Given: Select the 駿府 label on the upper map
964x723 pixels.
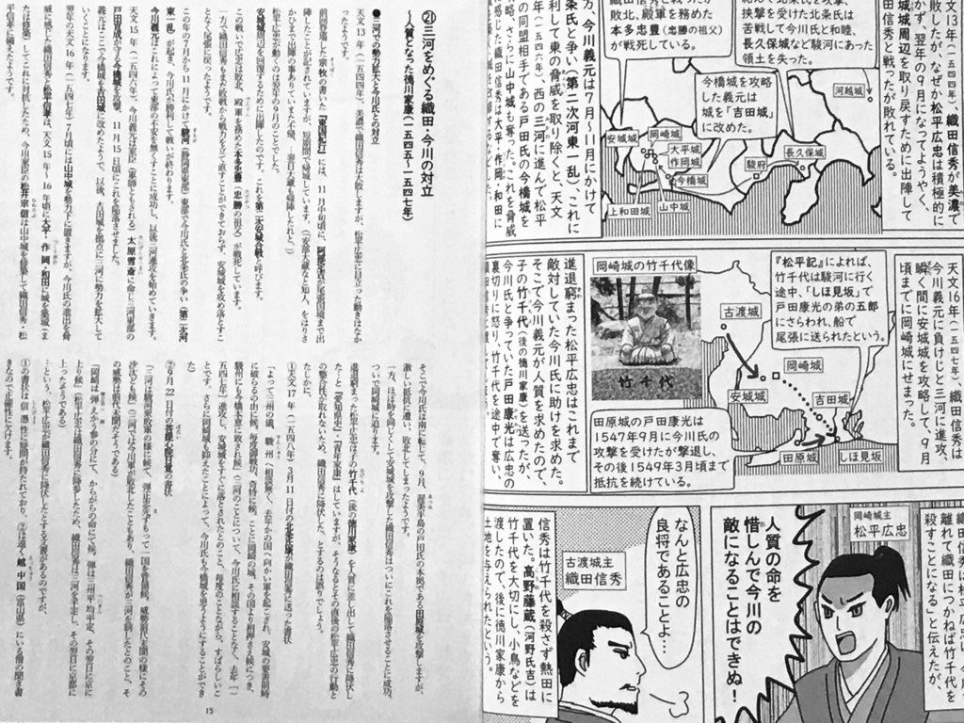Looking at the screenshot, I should point(755,163).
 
